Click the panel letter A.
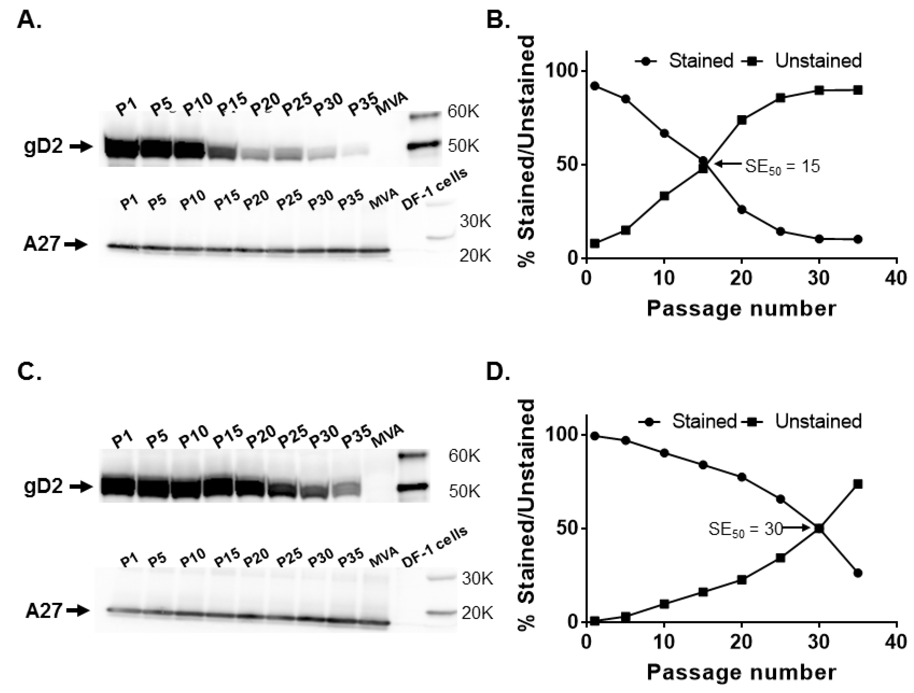tap(29, 20)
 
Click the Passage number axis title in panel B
tap(741, 309)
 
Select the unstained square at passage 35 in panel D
tap(858, 484)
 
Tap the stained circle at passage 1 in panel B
tap(595, 86)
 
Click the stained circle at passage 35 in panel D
tap(858, 573)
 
